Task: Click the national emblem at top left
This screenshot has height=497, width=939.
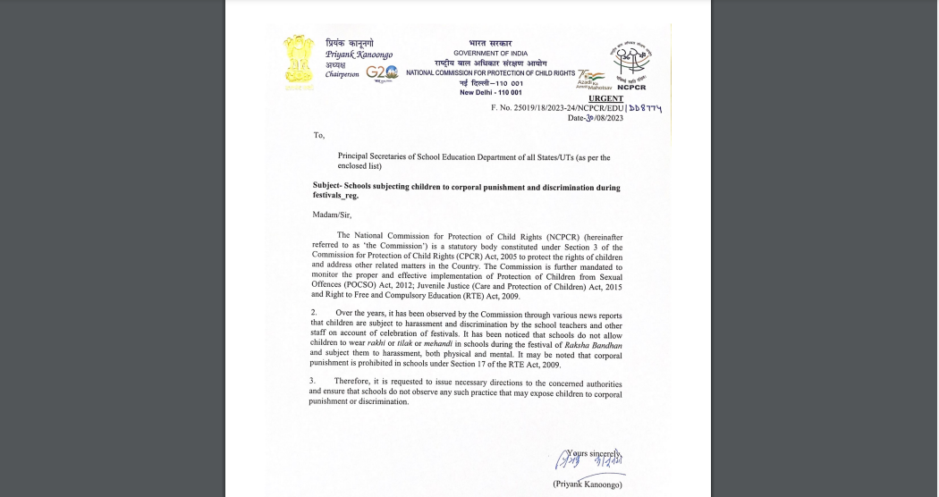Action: pos(299,63)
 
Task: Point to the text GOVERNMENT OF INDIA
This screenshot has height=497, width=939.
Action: pos(490,53)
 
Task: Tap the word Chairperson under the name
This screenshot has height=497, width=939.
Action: pos(343,74)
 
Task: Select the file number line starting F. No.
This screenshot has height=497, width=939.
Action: pos(576,108)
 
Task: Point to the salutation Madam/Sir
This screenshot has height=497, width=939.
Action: pos(332,215)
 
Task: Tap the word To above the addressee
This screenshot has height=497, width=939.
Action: pos(318,136)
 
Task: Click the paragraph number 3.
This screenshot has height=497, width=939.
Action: pos(314,383)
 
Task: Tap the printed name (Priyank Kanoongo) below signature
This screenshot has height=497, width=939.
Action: pos(587,484)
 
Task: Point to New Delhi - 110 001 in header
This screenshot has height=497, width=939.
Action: pos(490,92)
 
